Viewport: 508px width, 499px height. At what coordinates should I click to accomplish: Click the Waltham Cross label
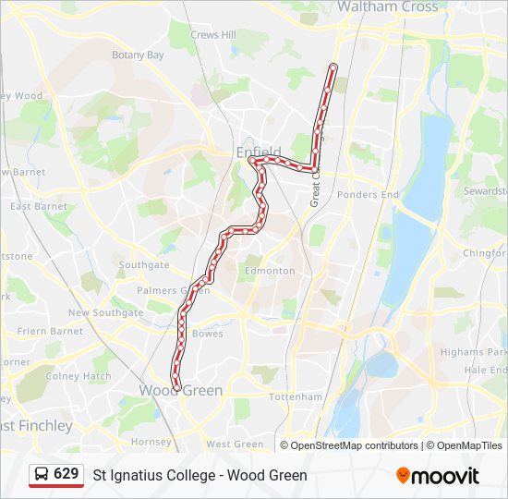387,6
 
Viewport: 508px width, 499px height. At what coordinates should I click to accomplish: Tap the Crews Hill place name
213,35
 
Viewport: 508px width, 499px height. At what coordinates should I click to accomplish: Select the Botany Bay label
138,55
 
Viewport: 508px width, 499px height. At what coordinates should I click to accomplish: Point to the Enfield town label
259,152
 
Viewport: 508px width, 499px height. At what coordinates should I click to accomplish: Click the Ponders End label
368,195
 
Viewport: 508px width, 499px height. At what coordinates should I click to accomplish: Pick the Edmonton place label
270,271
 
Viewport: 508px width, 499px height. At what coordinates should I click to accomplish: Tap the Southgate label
144,265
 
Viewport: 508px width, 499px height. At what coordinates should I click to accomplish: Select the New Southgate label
105,313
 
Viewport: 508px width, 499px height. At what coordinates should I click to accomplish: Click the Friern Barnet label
51,331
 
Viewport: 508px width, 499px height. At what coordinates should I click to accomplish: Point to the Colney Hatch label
79,376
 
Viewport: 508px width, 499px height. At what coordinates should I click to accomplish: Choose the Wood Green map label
181,391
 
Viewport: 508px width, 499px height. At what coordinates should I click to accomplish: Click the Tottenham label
296,396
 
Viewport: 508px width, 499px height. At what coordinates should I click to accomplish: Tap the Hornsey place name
152,443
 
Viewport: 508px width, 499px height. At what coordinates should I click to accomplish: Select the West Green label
235,444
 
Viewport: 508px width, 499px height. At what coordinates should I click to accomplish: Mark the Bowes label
207,334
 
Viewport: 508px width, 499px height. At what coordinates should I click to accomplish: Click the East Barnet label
39,207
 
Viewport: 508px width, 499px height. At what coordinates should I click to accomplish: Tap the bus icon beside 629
42,474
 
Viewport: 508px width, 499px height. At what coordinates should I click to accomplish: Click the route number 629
67,474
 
